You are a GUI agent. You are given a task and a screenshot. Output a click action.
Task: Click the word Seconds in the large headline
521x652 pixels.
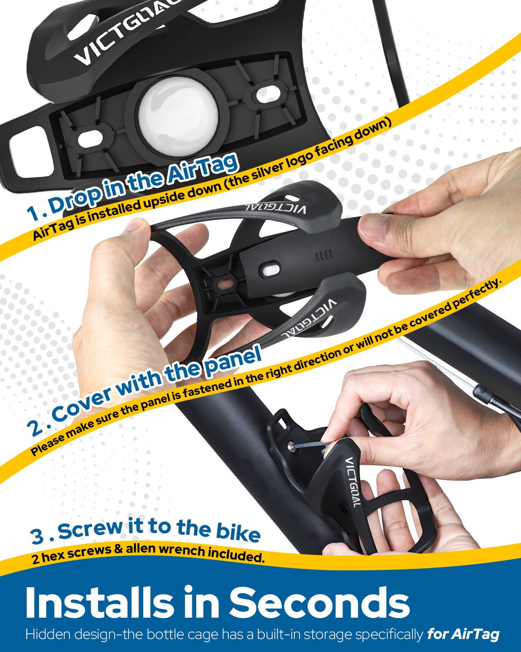319,603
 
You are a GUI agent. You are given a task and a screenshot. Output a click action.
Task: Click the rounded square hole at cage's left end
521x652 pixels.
28,150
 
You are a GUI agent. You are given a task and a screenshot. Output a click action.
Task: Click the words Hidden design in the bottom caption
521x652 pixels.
69,634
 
